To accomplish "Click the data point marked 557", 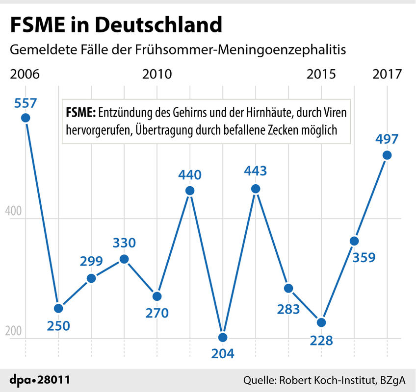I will (x=25, y=118).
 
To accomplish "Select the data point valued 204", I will (x=223, y=337).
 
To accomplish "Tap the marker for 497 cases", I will (x=387, y=155).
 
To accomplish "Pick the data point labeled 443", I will (x=256, y=189).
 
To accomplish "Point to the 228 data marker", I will (x=321, y=322).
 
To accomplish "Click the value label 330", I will (x=124, y=243).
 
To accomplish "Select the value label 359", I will (x=363, y=257).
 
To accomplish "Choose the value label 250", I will (x=58, y=324).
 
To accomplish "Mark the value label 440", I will (x=190, y=175).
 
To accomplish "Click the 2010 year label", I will (x=157, y=74).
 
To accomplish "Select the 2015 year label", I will (x=321, y=74).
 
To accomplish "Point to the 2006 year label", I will (x=25, y=74).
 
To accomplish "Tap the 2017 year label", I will (x=387, y=74).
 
